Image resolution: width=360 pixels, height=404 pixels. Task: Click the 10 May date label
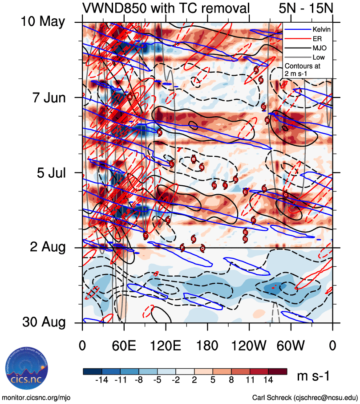tap(43, 22)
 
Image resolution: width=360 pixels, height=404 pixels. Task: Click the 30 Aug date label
tap(43, 322)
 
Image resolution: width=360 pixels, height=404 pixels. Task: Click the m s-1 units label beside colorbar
tap(313, 376)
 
